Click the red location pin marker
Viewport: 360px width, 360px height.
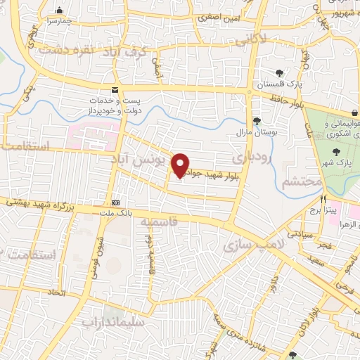click(181, 165)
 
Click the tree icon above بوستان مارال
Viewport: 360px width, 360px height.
click(257, 120)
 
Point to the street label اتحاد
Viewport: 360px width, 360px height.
click(56, 290)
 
